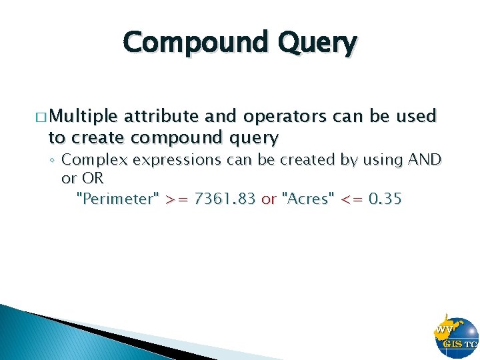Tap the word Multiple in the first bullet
tap(83, 117)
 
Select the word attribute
tap(163, 117)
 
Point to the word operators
tap(285, 117)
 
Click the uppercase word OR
tap(92, 179)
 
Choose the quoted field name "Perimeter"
tap(119, 198)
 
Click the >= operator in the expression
tap(177, 198)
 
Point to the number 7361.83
tap(225, 198)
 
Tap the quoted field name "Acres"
tap(308, 198)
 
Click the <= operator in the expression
tap(351, 198)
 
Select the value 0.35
tap(385, 198)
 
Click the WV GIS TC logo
tap(455, 336)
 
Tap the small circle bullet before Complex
tap(52, 161)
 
